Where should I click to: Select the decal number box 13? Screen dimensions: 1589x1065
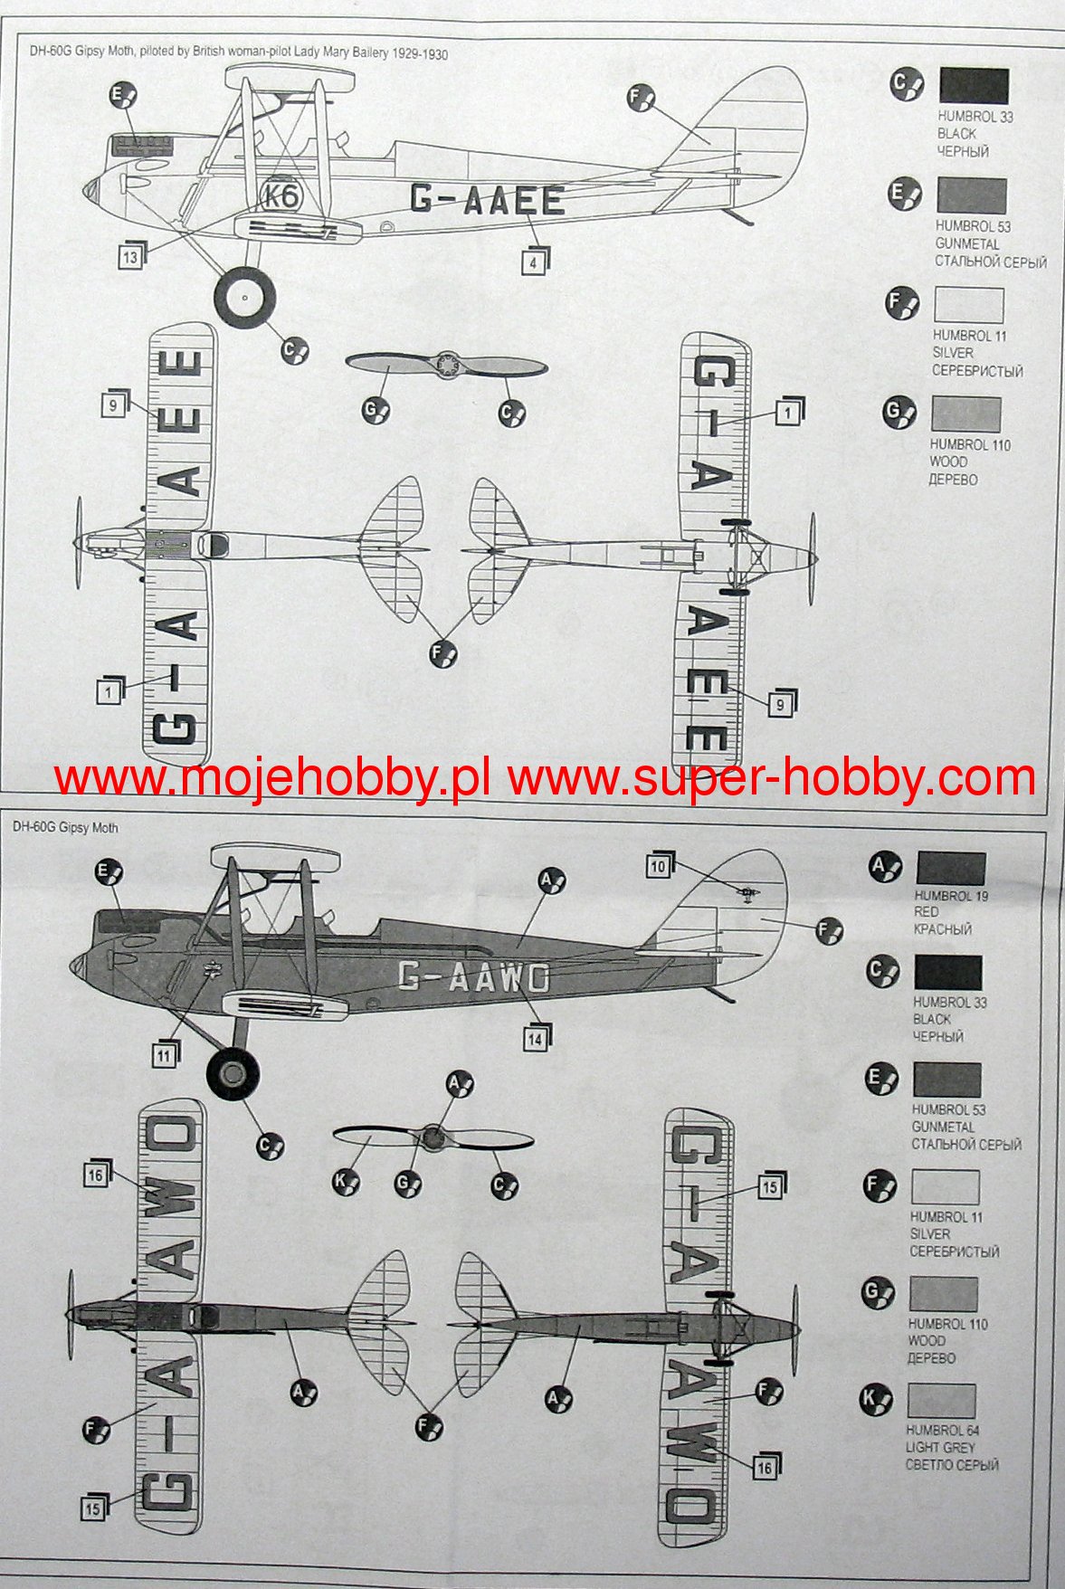pos(130,258)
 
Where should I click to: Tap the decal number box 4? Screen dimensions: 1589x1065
pos(534,262)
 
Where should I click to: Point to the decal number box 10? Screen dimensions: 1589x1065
pos(658,866)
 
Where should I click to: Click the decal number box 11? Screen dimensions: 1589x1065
pos(164,1055)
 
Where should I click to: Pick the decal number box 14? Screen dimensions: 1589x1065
pos(535,1040)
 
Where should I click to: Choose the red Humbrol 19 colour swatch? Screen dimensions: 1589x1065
pos(950,869)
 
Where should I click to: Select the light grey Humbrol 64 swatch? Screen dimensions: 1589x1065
pos(941,1400)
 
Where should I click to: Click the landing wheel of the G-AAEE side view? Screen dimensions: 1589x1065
pos(244,298)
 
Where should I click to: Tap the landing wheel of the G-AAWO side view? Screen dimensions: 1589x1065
pos(233,1074)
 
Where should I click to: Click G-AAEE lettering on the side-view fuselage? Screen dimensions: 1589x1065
pos(487,198)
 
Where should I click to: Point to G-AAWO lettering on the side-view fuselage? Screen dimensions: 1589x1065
pos(473,976)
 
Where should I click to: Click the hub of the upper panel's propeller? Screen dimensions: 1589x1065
pos(445,365)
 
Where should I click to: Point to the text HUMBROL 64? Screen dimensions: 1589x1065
pos(942,1431)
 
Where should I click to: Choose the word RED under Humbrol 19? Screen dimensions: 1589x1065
pos(926,912)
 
